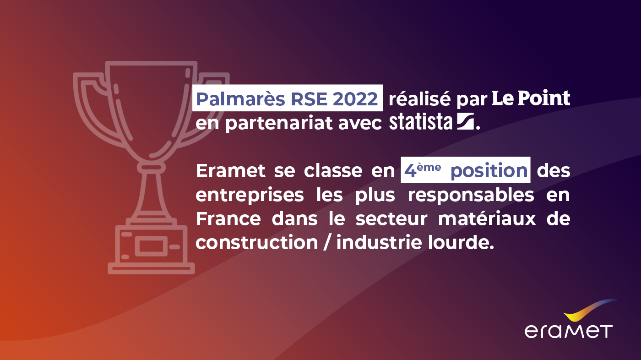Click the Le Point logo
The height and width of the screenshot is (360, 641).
[x=531, y=98]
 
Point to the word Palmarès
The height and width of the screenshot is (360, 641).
[x=238, y=98]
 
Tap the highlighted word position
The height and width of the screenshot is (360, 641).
[x=489, y=171]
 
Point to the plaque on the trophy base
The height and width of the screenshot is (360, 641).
[x=151, y=246]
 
